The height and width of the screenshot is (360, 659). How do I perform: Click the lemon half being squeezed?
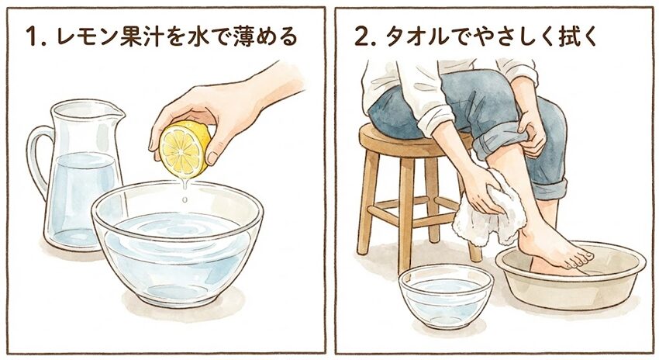tap(184, 149)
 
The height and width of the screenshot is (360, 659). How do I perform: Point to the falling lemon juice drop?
tap(185, 199)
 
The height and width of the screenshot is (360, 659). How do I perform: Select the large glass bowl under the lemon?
tap(177, 243)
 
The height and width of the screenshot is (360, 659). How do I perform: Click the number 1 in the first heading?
tap(31, 36)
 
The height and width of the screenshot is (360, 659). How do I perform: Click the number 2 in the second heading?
tap(361, 36)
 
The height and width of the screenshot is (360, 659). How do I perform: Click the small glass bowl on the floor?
tap(446, 296)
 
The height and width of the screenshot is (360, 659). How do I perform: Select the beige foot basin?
tap(571, 275)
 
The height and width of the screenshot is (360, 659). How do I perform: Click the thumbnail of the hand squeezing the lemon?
tap(212, 157)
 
